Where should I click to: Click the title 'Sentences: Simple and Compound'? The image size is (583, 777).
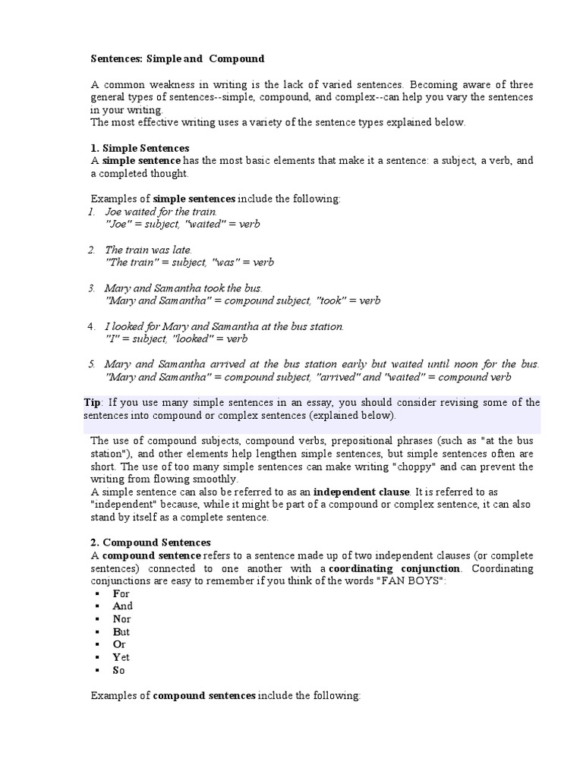pos(178,58)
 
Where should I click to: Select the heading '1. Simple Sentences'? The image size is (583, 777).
pos(140,148)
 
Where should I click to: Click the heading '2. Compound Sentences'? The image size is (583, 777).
pos(151,543)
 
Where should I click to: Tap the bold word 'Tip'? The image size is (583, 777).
pos(92,403)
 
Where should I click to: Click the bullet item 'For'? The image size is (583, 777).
pos(121,593)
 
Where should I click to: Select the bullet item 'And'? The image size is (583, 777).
pos(122,606)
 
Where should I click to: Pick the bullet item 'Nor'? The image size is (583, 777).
pos(121,619)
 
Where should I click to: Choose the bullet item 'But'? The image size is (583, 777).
pos(121,632)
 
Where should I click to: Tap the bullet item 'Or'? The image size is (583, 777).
pos(119,645)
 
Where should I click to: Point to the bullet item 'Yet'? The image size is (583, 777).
pos(121,658)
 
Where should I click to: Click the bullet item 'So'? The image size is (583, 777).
pos(119,671)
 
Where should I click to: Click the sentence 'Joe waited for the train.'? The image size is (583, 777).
pos(161,212)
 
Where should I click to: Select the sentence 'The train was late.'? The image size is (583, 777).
pos(149,250)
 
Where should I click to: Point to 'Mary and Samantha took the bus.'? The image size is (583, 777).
pos(184,288)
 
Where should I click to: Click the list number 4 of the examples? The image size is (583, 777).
pos(90,326)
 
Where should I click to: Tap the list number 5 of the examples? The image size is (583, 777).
pos(90,364)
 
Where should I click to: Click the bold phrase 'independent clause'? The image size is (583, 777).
pos(361,492)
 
